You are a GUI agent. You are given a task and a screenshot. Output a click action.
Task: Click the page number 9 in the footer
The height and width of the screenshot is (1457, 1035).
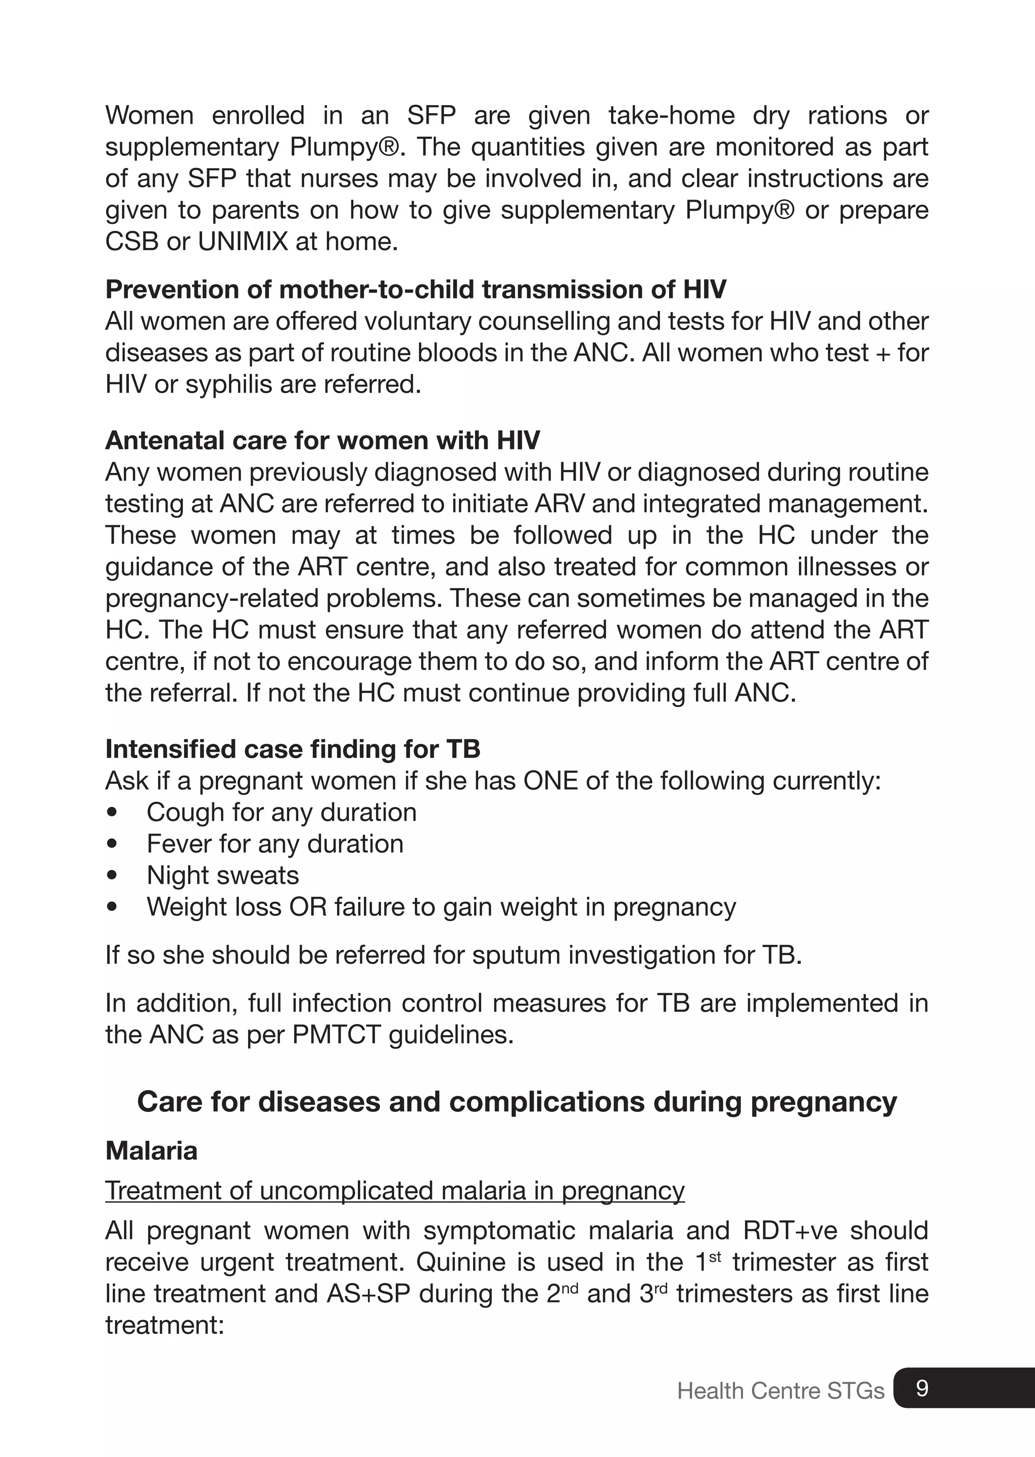[922, 1388]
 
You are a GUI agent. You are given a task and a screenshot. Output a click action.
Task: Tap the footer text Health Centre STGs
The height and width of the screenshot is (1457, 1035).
[780, 1391]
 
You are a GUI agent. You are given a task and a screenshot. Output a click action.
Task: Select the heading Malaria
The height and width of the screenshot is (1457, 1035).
[151, 1150]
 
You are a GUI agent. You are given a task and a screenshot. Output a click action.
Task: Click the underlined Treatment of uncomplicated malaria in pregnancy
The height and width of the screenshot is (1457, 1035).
[395, 1190]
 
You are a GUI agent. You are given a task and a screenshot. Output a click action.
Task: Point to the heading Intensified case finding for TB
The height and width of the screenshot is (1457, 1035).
[293, 749]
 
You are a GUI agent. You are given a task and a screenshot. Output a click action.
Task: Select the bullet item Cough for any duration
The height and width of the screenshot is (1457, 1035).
[281, 812]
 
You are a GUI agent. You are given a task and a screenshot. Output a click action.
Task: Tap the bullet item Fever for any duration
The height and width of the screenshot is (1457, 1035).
[275, 844]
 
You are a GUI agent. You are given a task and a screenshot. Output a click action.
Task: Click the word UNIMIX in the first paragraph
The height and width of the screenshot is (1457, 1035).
[243, 241]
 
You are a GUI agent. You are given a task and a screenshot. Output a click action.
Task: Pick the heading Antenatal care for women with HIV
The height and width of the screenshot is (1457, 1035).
[322, 440]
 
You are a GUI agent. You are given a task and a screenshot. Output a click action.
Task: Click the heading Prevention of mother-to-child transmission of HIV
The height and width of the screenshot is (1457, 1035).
[415, 289]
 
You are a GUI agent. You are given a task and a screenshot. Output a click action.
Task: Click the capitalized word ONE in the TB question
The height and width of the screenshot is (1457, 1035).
[551, 781]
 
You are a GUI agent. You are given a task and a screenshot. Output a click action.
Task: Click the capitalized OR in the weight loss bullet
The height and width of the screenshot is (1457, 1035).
[307, 906]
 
